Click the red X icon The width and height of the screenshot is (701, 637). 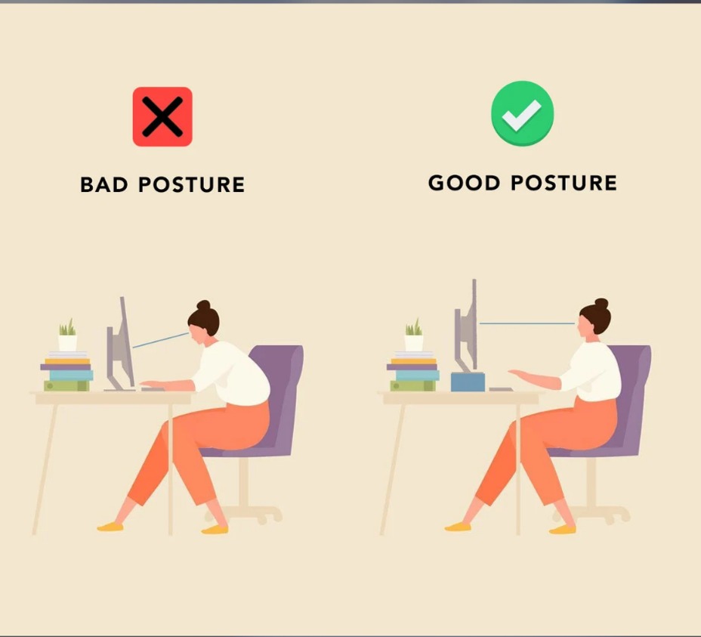click(162, 116)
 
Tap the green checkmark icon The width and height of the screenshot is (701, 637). click(522, 113)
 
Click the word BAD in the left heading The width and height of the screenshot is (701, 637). click(104, 184)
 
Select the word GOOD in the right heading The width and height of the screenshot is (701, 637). click(464, 183)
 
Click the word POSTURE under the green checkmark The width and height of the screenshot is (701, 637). click(564, 183)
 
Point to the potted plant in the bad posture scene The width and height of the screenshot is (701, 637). click(67, 335)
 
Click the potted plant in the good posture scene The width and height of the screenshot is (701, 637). click(413, 335)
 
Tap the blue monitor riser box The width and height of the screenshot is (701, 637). click(468, 382)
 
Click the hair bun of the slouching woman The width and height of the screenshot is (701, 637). click(203, 305)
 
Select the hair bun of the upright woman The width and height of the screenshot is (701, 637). click(601, 304)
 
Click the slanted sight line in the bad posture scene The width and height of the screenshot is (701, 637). click(160, 340)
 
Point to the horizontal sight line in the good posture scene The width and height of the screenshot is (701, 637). click(527, 323)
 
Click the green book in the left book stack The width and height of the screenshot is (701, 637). click(66, 385)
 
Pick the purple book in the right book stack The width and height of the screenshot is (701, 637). click(412, 367)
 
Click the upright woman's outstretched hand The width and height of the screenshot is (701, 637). click(519, 373)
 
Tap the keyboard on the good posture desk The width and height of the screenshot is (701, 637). click(501, 389)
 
